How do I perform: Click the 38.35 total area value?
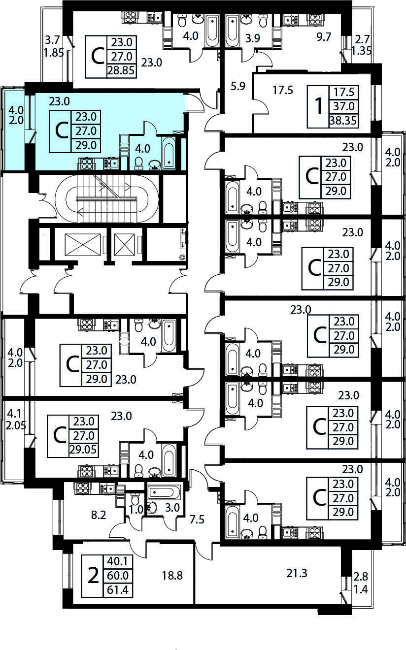coord(343,121)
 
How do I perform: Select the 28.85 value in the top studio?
coord(121,70)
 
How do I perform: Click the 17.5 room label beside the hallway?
coord(282,90)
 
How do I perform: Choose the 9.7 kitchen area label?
coord(324,37)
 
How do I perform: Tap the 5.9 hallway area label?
coord(238,86)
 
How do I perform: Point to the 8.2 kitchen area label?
coord(99,516)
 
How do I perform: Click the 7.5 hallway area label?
coord(197,520)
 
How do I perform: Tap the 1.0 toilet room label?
coord(136,510)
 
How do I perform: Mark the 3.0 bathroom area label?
coord(172,508)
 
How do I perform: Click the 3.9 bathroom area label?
coord(252,38)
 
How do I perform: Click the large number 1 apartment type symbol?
coord(319,106)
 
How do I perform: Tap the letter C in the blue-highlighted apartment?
coord(61,131)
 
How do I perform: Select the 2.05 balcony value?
coord(16,425)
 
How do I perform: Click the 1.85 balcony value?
coord(54,53)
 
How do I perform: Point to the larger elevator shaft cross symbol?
coord(82,245)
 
